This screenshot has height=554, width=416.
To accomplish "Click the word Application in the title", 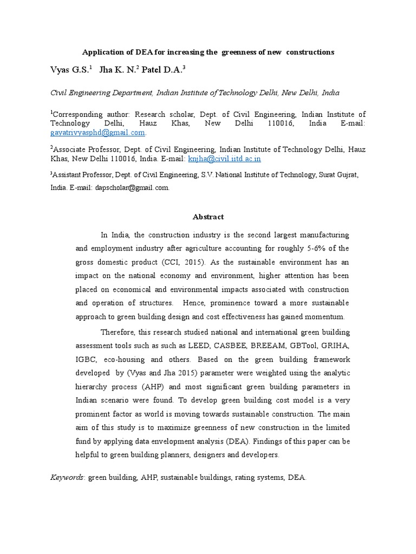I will click(100, 52).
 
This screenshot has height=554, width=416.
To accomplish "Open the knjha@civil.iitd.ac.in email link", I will click(224, 159).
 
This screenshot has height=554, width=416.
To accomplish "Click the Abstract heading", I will click(208, 217).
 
